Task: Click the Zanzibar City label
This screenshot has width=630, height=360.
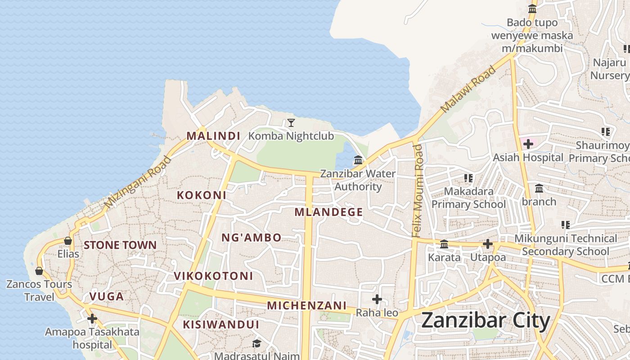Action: [486, 321]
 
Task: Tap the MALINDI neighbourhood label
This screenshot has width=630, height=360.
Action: [213, 135]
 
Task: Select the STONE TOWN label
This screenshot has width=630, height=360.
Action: [120, 245]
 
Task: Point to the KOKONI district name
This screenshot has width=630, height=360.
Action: [201, 195]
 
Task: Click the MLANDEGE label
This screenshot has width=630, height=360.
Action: [328, 212]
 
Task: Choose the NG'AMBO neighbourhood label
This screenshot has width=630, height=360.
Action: [252, 238]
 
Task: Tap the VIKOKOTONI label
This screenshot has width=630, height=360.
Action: [213, 276]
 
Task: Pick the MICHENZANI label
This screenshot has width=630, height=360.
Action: [307, 306]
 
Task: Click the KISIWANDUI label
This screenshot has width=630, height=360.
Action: [221, 324]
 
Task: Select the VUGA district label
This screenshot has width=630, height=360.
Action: [106, 297]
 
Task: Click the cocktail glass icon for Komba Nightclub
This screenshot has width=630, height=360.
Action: [291, 122]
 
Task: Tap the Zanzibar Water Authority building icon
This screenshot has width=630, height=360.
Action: [358, 160]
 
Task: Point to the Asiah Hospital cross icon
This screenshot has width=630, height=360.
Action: [528, 144]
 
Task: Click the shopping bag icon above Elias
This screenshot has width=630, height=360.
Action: [68, 241]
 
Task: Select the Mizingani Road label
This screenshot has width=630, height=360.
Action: [138, 182]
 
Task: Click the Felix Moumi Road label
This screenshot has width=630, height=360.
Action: [418, 191]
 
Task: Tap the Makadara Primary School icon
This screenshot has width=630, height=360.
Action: [468, 178]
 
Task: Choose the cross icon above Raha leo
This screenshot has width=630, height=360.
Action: [377, 299]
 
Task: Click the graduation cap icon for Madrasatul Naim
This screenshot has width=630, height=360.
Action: [256, 343]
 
